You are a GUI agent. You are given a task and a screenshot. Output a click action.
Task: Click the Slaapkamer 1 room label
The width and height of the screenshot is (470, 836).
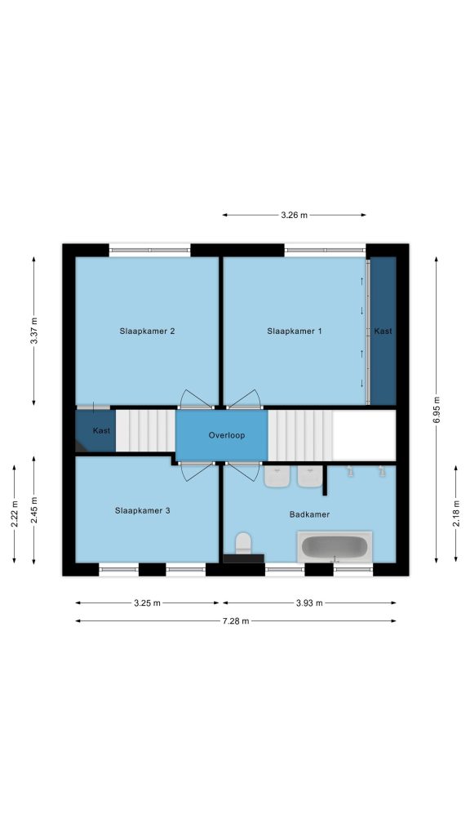294,331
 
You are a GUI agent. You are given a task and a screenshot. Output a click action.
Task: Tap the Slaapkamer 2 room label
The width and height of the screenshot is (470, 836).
147,331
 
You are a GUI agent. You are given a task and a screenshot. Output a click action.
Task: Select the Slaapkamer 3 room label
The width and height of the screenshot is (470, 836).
142,510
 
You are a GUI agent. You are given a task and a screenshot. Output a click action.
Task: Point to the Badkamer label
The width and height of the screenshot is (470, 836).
309,514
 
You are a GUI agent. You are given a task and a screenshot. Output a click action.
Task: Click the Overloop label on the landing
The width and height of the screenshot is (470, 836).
227,435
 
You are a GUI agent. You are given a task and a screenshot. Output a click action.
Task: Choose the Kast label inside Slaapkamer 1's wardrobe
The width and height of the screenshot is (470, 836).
384,331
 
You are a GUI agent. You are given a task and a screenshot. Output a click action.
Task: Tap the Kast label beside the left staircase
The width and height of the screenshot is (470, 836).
101,430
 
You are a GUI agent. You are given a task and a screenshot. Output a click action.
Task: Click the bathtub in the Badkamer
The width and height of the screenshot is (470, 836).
335,546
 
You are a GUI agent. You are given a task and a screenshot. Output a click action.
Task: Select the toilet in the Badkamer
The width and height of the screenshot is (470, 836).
243,543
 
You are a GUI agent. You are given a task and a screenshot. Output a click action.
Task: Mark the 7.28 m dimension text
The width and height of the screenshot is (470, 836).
236,620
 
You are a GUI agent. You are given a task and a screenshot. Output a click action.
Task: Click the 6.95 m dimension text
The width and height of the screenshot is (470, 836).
436,410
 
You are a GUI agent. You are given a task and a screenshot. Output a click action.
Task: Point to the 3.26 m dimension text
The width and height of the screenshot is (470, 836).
294,215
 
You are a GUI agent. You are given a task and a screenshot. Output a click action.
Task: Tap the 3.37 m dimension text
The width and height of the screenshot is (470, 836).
33,331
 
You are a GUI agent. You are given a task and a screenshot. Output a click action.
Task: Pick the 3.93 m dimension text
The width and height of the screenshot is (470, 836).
309,603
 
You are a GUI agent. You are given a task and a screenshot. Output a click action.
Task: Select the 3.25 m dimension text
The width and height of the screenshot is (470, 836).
147,603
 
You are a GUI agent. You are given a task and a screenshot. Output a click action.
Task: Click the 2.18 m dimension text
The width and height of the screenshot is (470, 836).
455,514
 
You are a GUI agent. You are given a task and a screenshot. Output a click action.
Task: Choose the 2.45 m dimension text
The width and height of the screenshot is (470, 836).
33,509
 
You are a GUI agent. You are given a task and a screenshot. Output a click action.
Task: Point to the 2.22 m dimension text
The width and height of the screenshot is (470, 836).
14,514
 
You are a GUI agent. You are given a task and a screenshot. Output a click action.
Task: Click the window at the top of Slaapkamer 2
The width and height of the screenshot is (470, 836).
150,250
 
